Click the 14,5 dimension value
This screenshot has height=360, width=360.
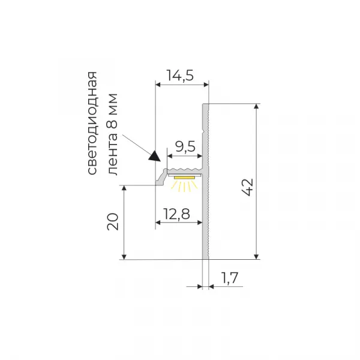click(x=180, y=76)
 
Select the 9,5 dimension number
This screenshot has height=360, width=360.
click(x=185, y=147)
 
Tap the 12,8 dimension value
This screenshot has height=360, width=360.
click(x=176, y=214)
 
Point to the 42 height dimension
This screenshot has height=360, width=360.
click(x=247, y=187)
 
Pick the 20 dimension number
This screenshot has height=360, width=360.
click(x=113, y=221)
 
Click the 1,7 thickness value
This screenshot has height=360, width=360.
click(x=229, y=278)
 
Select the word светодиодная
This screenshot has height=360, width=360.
click(x=92, y=123)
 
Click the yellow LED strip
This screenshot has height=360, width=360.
click(x=184, y=177)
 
